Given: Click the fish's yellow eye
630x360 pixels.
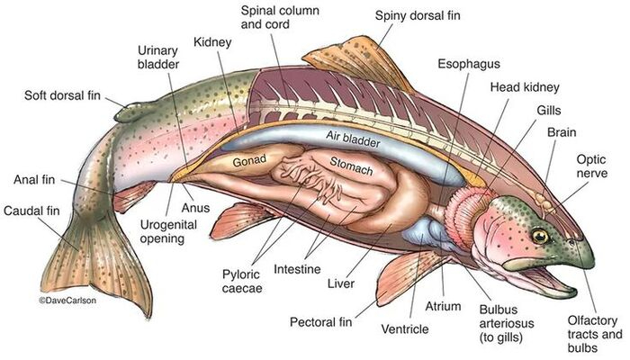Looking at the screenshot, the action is [x=540, y=236].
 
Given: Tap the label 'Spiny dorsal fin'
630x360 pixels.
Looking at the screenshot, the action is [x=418, y=15].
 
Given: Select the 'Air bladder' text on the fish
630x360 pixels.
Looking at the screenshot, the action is [x=353, y=139].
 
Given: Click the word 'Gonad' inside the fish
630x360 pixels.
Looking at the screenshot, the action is [x=249, y=161].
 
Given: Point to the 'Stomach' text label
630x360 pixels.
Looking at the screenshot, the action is [x=351, y=166].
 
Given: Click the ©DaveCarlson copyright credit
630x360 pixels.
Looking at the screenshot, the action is [x=67, y=300].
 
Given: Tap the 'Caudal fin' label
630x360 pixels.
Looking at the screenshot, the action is [x=31, y=211].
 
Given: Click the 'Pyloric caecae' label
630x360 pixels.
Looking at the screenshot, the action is [x=242, y=281].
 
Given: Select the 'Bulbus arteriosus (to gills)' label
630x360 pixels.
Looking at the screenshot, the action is [x=506, y=323].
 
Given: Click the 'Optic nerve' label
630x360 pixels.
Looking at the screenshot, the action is [x=591, y=166].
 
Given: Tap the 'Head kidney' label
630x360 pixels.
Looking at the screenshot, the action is [x=525, y=87].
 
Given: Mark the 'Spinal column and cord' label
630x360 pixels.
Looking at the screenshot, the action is [x=280, y=17].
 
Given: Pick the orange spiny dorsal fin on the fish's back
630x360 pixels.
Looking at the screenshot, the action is [x=357, y=60].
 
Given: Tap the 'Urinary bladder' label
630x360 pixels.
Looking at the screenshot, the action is [x=158, y=57].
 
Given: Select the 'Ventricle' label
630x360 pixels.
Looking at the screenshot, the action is [x=405, y=329].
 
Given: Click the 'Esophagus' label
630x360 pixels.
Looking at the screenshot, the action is [x=469, y=64].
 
